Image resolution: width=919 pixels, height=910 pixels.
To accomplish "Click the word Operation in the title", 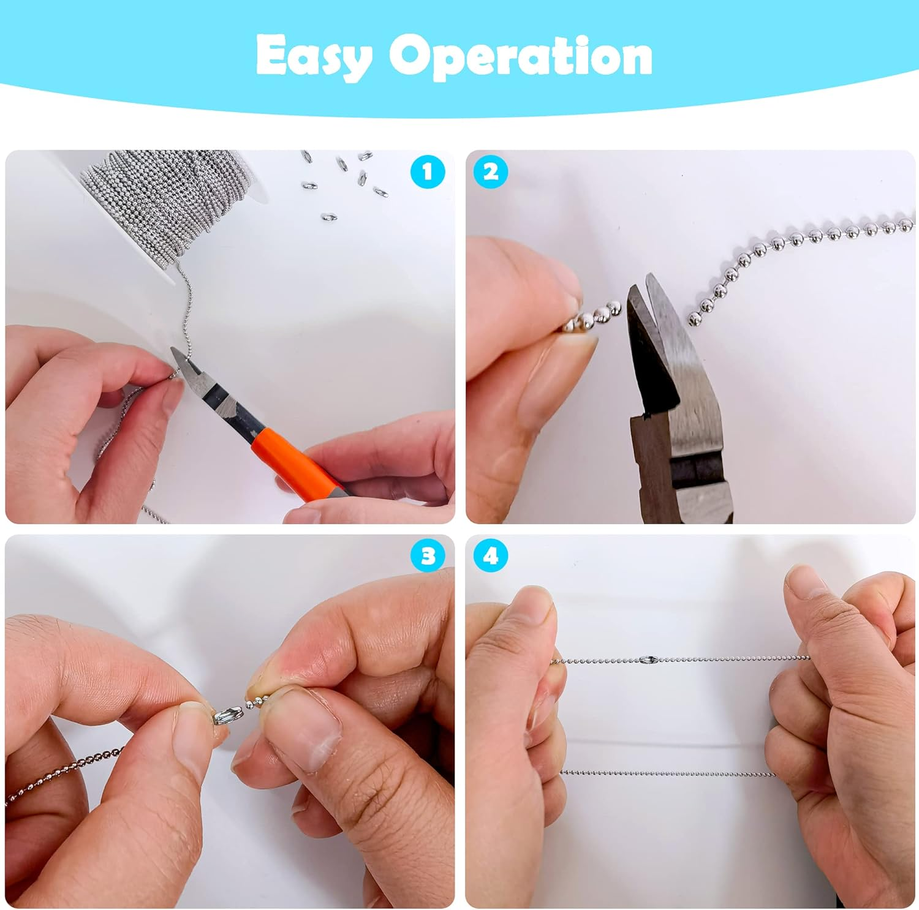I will tap(521, 56).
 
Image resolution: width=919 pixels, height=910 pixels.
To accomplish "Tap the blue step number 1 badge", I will tap(427, 172).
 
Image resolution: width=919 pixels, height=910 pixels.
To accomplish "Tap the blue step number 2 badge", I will tap(491, 172).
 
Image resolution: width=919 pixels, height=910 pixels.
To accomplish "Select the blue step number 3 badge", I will tap(428, 556).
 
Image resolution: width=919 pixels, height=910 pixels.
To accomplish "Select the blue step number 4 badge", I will tap(491, 556).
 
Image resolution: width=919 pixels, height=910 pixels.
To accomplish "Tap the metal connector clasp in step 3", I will tap(228, 714).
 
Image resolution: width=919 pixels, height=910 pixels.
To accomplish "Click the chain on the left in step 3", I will tap(67, 769).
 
